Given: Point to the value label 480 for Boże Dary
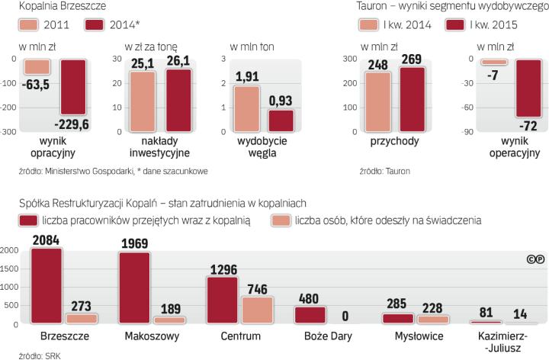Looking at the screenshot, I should pos(309,278).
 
